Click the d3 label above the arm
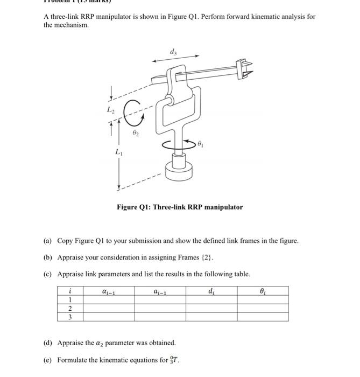(x=172, y=52)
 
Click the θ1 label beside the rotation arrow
(x=201, y=144)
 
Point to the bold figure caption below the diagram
(x=180, y=207)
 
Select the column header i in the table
(x=70, y=291)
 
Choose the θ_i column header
(x=262, y=291)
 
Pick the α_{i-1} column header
(x=109, y=291)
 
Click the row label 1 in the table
(x=70, y=300)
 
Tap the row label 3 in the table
(x=70, y=317)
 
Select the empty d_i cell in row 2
(x=211, y=309)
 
